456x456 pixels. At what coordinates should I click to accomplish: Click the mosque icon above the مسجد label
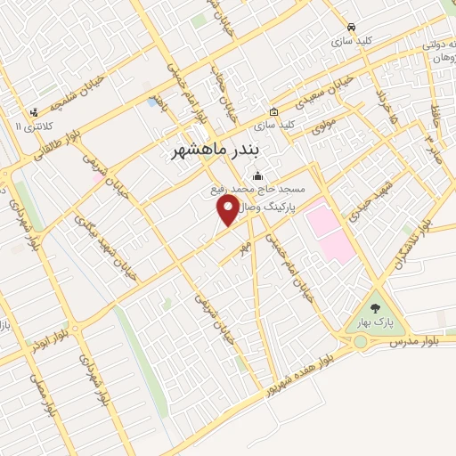(258, 175)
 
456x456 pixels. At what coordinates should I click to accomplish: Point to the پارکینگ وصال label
(279, 205)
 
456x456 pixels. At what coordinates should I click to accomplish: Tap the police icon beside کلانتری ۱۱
(33, 113)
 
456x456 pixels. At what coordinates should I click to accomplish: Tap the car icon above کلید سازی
(353, 28)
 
